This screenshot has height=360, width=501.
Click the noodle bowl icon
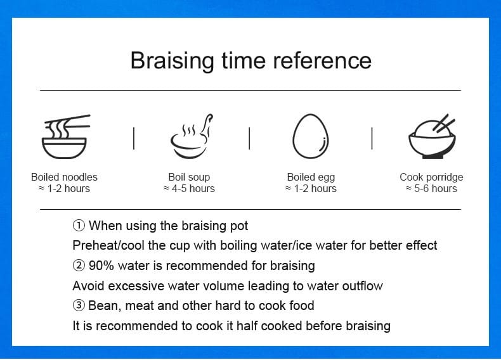point(66,137)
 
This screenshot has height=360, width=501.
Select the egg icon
point(311,136)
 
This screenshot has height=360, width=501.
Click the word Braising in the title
point(172,61)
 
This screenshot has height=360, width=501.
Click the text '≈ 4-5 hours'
point(189,188)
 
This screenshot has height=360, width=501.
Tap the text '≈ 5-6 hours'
point(431,188)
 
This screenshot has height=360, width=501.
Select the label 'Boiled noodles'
point(64,177)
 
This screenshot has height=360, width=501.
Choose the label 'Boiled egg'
point(311,177)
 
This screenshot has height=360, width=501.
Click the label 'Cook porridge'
point(431,177)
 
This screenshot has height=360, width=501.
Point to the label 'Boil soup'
point(189,177)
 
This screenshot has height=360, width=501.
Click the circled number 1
point(79,226)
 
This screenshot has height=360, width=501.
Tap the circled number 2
point(79,266)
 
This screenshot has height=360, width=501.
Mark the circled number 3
point(79,305)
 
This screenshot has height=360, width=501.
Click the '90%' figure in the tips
point(101,266)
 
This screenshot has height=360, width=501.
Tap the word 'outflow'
point(362,286)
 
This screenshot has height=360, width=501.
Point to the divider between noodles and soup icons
point(134,138)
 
